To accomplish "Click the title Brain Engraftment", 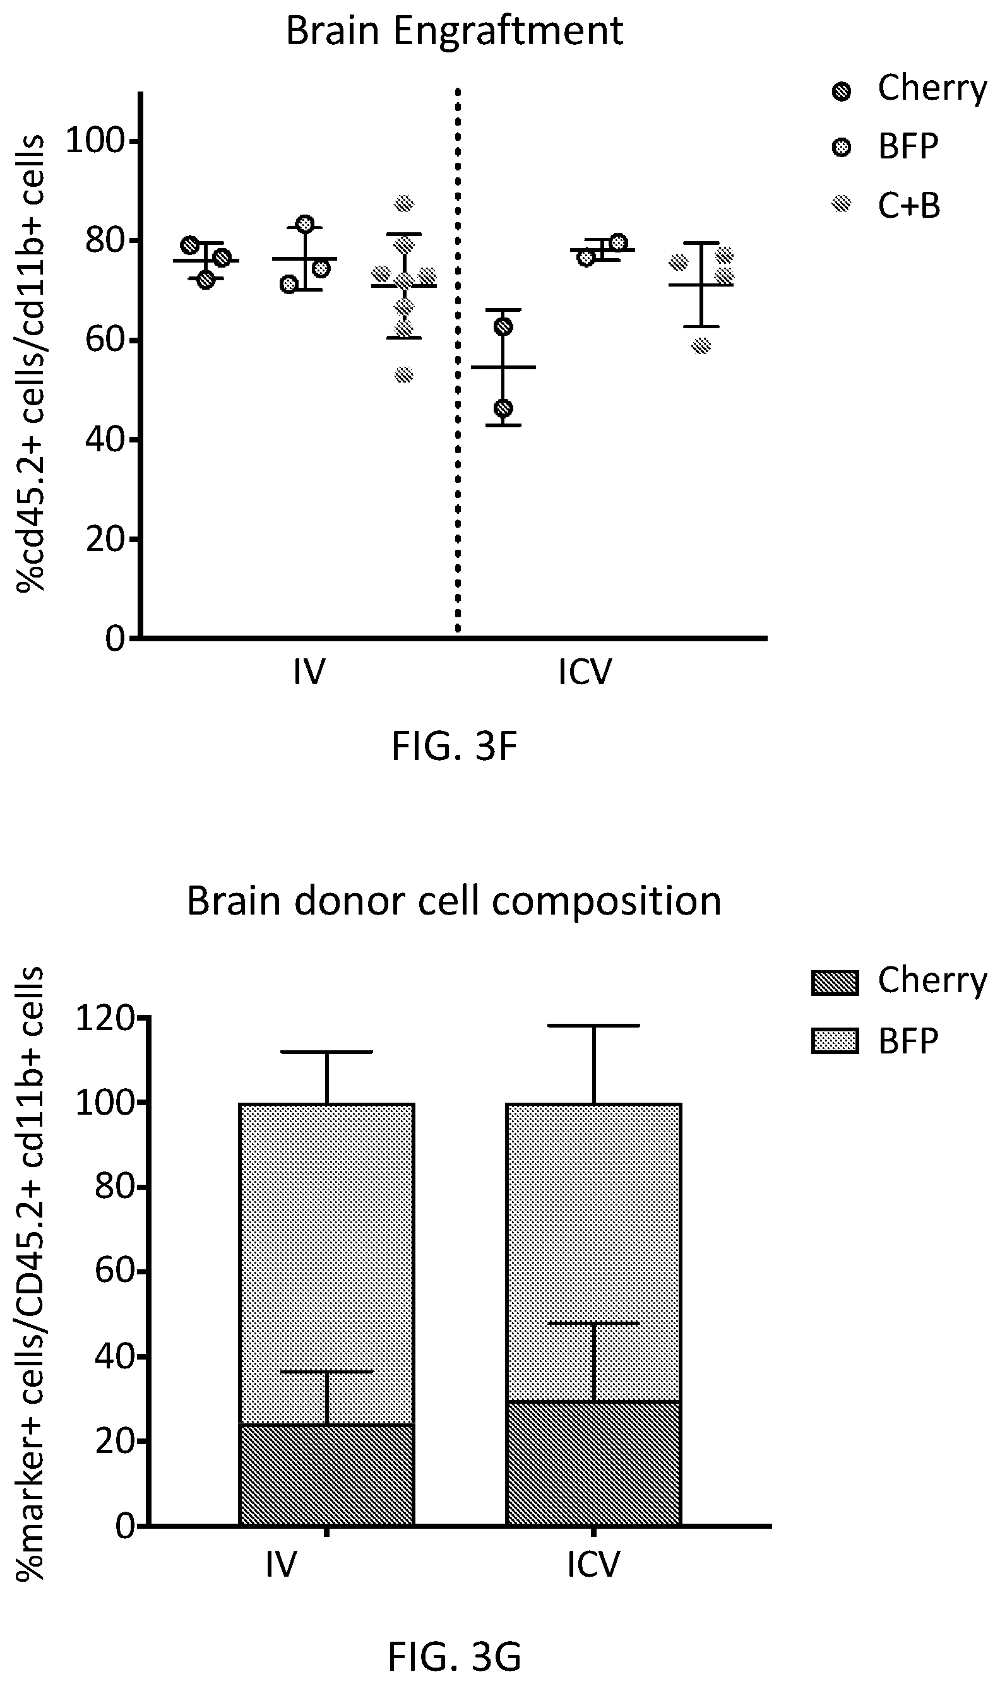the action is [455, 31].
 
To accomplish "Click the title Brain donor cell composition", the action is [454, 901].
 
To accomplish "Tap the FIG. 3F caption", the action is [454, 746].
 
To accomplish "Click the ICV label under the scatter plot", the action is [585, 672].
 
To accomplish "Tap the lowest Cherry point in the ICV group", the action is [503, 409].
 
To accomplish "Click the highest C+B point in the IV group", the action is [403, 203].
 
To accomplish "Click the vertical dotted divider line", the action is [458, 361].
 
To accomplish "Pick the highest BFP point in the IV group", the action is [306, 223].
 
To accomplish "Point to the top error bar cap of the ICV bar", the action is [593, 1025].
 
